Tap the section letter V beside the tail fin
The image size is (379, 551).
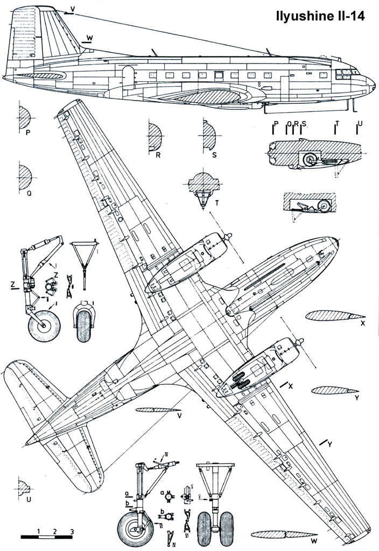(x=73, y=9)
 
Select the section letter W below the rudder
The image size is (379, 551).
(x=89, y=37)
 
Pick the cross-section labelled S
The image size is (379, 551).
(x=209, y=135)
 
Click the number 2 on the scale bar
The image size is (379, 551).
(x=55, y=532)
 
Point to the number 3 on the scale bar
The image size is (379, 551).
(x=72, y=532)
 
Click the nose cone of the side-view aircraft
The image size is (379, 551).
(x=371, y=83)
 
